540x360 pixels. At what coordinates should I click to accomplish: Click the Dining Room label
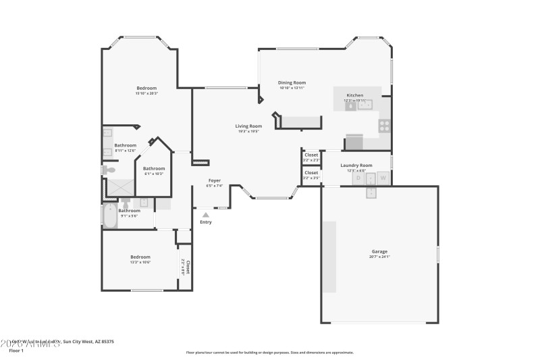point(292,82)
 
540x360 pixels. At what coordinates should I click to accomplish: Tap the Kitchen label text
point(355,96)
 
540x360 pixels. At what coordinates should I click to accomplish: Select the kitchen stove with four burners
point(384,124)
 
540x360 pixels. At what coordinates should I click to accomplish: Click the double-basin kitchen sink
point(364,105)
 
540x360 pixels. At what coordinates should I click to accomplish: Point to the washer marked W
point(383,178)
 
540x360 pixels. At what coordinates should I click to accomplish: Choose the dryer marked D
point(358,178)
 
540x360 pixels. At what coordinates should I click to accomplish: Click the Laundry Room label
point(356,165)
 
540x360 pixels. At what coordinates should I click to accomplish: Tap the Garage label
point(379,252)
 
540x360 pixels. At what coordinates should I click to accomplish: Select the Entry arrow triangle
point(206,215)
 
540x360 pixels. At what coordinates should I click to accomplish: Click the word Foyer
point(214,180)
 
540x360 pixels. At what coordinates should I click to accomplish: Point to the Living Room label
point(248,126)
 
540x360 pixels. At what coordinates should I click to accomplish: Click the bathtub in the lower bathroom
point(111,216)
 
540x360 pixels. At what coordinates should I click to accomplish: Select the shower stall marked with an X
point(122,187)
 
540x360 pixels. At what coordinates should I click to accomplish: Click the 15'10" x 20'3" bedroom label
point(146,88)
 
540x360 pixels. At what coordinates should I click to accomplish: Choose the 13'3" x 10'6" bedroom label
point(140,257)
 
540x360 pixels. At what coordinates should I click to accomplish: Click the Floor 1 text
point(16,351)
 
